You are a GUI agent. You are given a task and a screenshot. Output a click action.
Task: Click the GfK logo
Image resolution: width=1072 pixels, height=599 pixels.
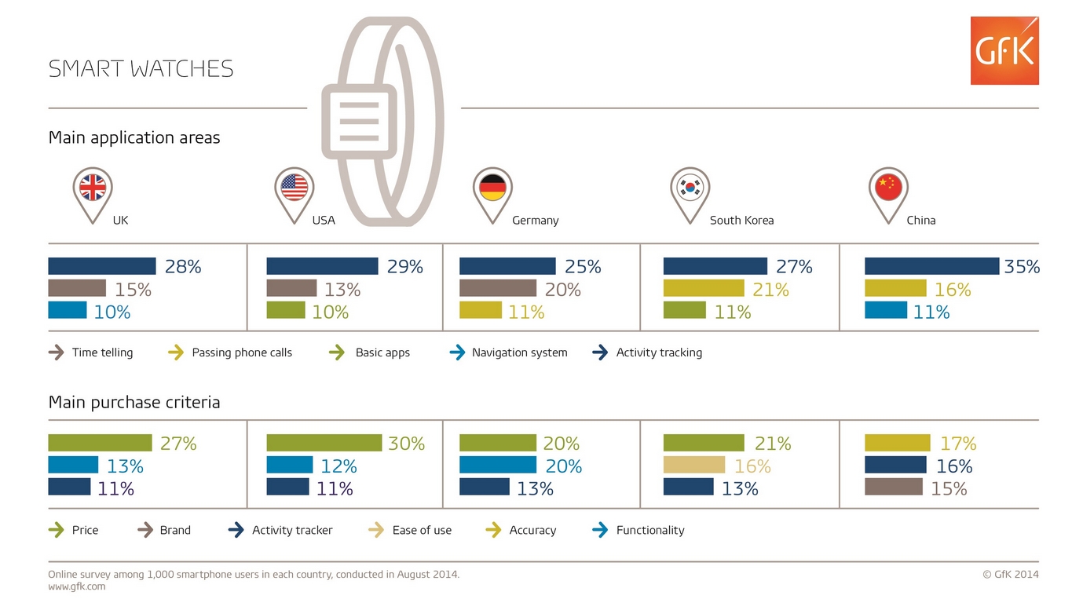tap(1004, 51)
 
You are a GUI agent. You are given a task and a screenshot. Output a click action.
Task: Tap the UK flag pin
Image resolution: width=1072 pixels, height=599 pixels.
tap(93, 189)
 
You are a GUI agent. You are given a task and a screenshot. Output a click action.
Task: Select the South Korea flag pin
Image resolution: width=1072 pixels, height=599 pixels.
tap(690, 189)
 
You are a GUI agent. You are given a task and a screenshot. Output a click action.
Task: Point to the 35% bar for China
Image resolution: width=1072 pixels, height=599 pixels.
tap(931, 266)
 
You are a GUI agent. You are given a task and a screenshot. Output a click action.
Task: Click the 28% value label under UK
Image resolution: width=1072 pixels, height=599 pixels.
tap(183, 267)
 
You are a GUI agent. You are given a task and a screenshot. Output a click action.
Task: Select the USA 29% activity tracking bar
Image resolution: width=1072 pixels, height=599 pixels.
tap(322, 266)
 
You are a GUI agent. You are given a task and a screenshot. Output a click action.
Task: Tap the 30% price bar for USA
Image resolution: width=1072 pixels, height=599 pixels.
tap(324, 443)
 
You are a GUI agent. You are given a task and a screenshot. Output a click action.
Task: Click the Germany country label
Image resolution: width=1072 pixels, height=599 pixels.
tap(535, 221)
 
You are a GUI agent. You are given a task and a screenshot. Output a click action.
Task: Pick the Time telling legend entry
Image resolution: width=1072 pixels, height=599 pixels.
tap(102, 352)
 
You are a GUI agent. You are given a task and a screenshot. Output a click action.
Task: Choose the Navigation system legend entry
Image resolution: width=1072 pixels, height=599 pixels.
tap(519, 352)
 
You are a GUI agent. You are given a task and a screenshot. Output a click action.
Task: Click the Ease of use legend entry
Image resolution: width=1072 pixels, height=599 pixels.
tap(422, 530)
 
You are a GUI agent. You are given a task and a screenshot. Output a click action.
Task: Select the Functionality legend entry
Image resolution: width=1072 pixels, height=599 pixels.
tap(649, 530)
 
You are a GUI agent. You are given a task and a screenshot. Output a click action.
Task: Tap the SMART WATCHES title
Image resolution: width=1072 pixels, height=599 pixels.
tap(141, 69)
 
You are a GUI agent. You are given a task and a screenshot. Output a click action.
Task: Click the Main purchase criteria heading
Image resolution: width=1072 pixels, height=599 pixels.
tap(134, 402)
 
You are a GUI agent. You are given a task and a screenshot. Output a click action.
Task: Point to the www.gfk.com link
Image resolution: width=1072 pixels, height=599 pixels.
tap(77, 586)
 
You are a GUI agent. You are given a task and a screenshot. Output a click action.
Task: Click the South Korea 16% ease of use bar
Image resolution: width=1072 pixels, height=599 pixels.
tap(693, 466)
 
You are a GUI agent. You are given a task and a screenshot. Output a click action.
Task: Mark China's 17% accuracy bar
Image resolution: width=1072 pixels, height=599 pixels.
tap(897, 443)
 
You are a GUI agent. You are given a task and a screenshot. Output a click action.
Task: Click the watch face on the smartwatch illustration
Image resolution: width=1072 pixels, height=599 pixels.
tap(359, 121)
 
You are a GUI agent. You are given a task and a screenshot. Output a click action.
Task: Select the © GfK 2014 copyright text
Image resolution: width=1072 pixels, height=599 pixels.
tap(1010, 574)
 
